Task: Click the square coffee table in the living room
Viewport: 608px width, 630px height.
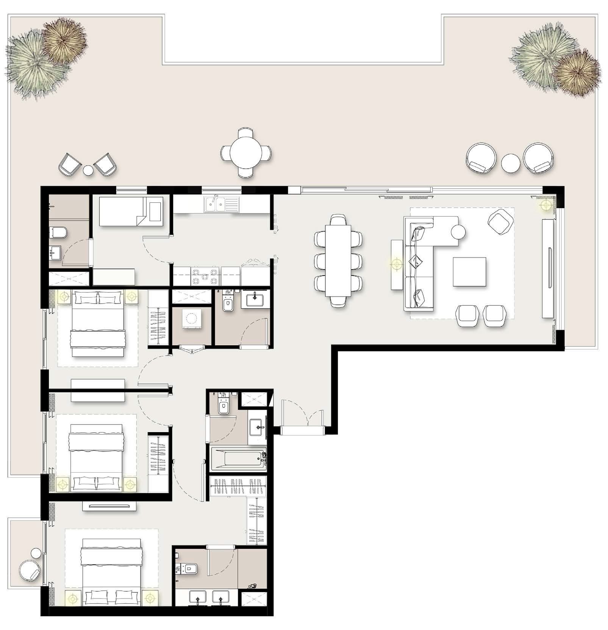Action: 469,272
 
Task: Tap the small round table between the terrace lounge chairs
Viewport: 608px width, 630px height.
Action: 510,163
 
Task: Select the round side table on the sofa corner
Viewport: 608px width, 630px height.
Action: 458,232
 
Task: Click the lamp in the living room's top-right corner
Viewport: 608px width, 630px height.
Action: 546,205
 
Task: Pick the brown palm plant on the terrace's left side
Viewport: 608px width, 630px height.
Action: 64,40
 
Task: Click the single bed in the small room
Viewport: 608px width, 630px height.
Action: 131,211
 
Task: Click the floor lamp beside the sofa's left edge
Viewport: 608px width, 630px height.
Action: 397,263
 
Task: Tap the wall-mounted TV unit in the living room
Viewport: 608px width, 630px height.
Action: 548,269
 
